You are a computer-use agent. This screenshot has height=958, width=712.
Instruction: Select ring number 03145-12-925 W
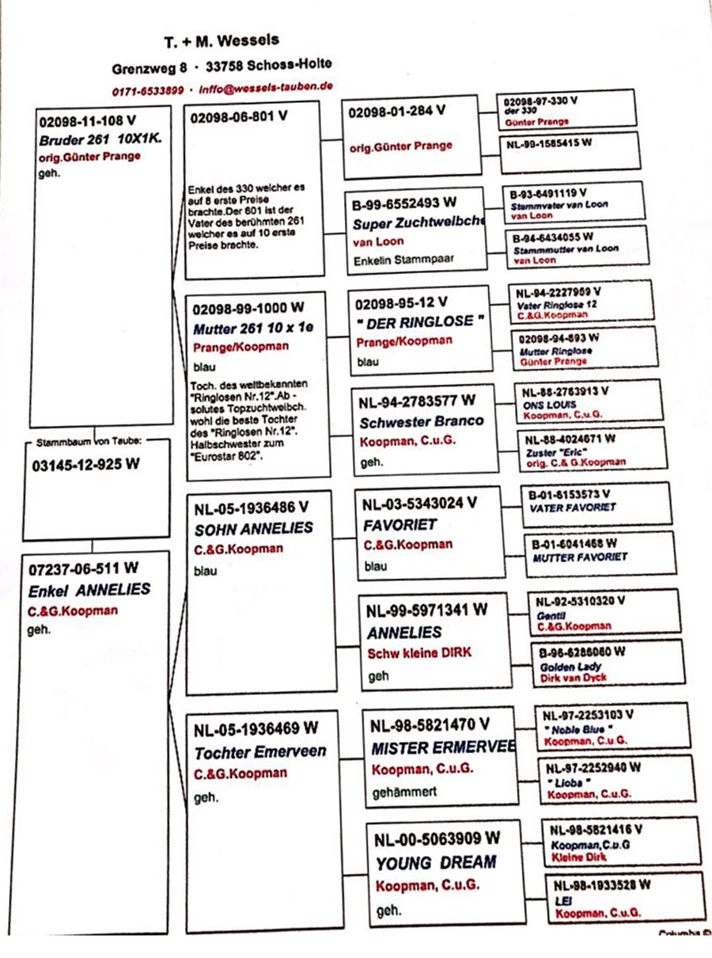[85, 464]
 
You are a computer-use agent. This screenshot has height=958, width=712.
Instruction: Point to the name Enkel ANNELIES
[89, 590]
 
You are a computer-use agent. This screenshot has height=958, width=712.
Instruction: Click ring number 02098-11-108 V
[87, 123]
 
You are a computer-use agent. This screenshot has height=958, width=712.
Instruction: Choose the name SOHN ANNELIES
[253, 529]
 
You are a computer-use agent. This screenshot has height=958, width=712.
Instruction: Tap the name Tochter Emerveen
[260, 752]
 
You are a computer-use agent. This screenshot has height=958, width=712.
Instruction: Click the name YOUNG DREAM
[436, 862]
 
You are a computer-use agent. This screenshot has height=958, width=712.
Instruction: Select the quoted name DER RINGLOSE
[419, 323]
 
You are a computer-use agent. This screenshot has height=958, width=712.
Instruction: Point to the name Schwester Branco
[421, 422]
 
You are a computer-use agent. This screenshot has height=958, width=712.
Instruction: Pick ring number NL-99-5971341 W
[427, 611]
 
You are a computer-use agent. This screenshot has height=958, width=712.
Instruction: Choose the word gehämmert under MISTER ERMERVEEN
[404, 791]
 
